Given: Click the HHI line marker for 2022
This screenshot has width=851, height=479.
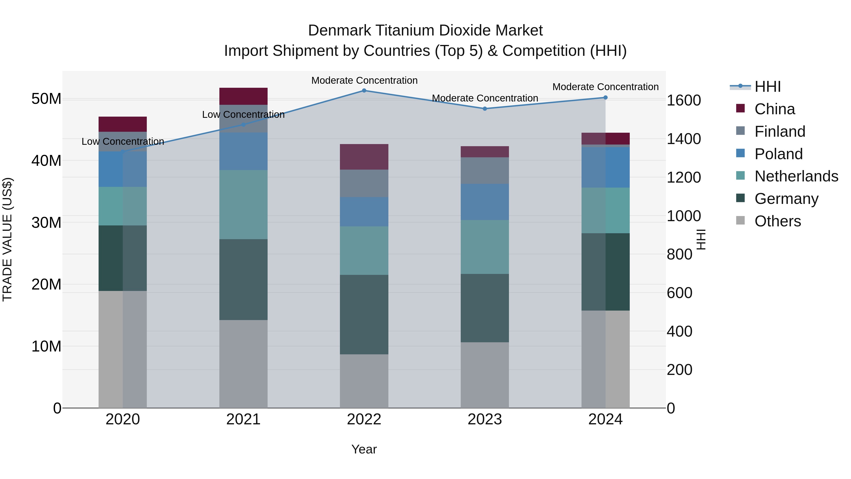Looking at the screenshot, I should (x=364, y=91).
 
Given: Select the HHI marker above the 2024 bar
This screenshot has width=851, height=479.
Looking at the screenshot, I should (x=605, y=97).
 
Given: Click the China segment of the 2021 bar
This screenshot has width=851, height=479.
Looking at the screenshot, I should (x=243, y=96).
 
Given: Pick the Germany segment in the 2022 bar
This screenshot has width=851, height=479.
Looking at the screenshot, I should (x=364, y=314).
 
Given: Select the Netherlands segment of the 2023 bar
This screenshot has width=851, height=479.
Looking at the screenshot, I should (x=485, y=247).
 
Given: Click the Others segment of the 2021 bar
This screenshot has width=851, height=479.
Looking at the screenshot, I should (x=243, y=364).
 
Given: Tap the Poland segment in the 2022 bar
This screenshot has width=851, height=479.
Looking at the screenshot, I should (x=364, y=212).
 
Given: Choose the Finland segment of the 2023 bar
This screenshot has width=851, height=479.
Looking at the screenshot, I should (x=485, y=171).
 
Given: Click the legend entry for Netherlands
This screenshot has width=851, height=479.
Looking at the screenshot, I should (x=796, y=176).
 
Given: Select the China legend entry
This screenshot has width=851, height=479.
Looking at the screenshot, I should (x=774, y=109).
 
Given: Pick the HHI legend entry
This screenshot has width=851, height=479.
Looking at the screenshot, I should (x=767, y=87).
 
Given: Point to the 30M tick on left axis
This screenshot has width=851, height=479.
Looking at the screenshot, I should (x=46, y=223).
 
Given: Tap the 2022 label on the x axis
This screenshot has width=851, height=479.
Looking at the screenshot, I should (x=364, y=419).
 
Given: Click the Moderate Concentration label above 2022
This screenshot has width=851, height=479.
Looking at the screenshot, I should (x=364, y=80).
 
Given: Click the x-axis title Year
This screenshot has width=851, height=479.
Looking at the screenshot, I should (x=364, y=449).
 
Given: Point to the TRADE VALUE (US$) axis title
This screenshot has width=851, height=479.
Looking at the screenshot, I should (x=7, y=239).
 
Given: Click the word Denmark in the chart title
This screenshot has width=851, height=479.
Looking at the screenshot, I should (x=339, y=31).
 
